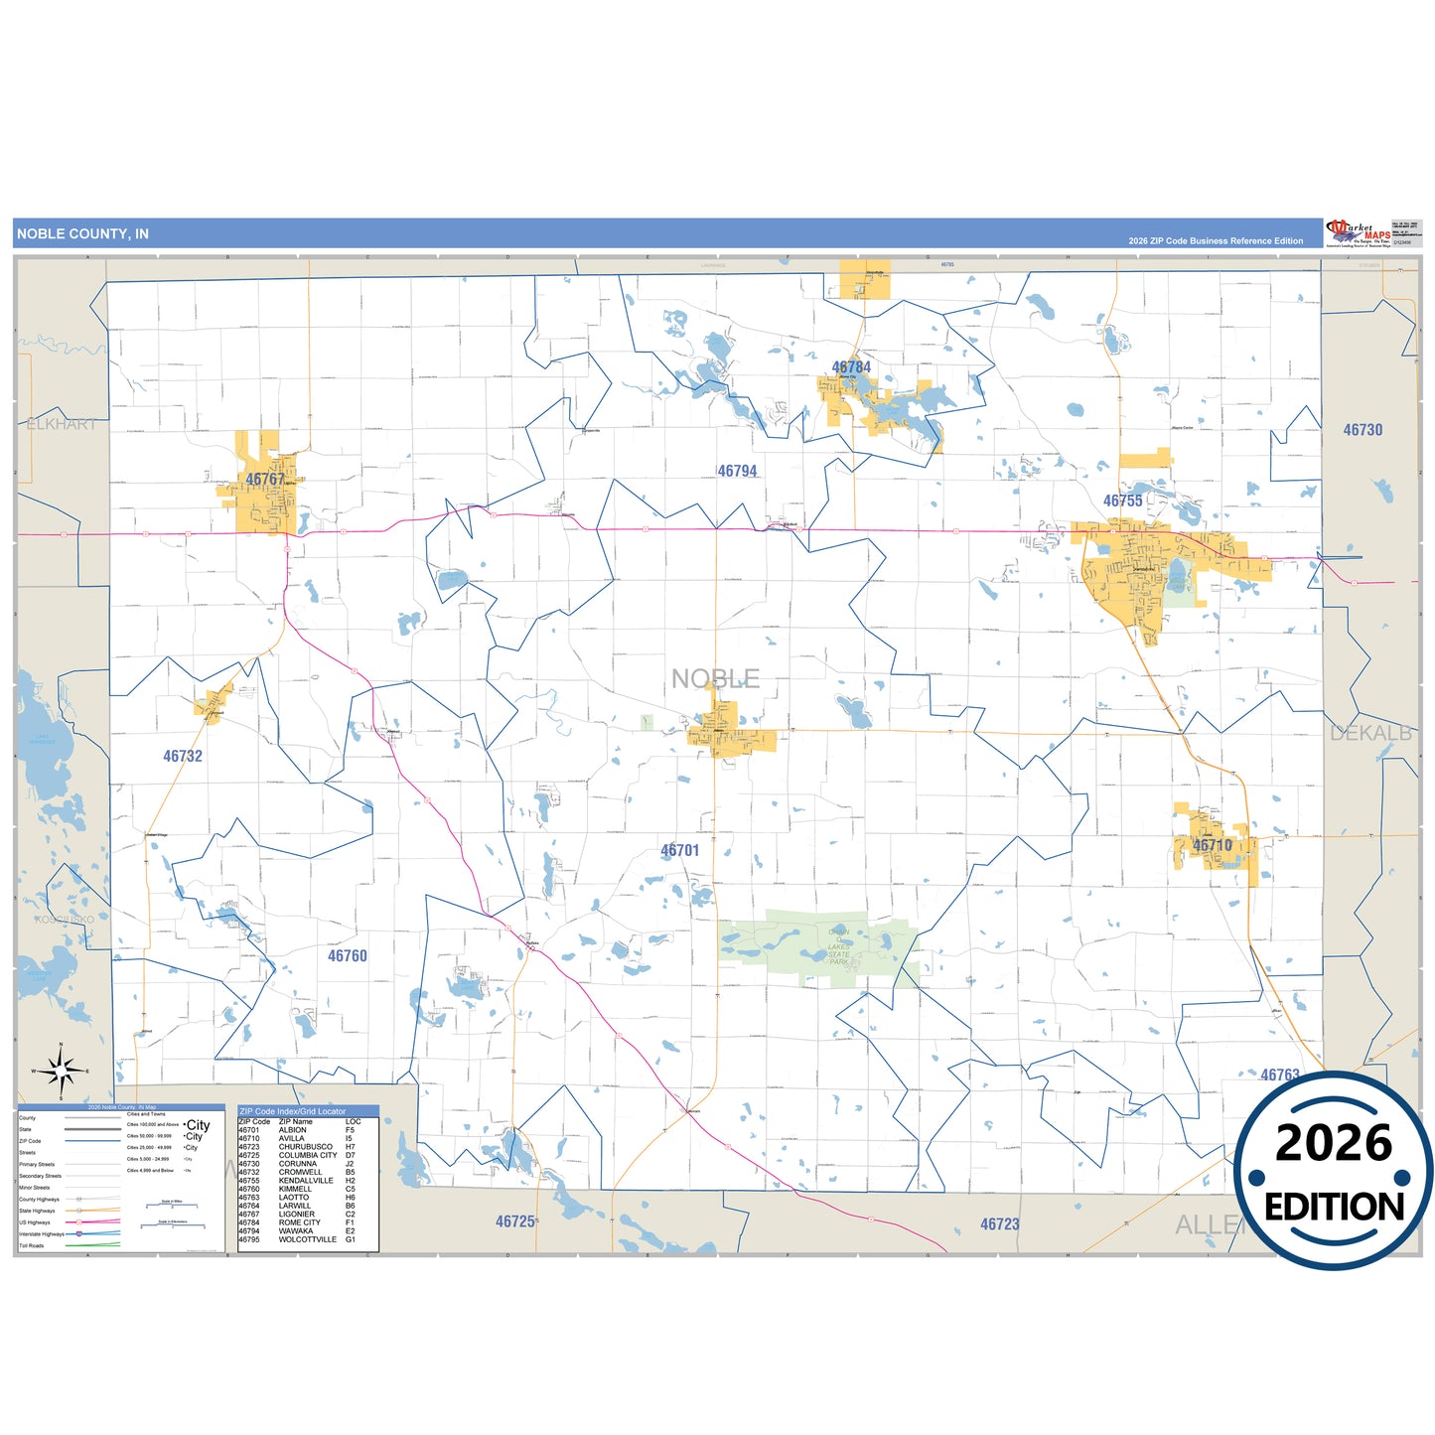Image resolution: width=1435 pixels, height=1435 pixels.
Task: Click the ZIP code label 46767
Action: pyautogui.click(x=265, y=480)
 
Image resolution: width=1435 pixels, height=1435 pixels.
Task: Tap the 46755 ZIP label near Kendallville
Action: pyautogui.click(x=1122, y=502)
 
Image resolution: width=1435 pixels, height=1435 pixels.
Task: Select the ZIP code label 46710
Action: pyautogui.click(x=1212, y=846)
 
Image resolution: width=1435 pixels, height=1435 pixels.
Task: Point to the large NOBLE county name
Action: pyautogui.click(x=715, y=679)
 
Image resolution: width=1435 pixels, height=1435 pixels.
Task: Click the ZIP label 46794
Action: pyautogui.click(x=737, y=472)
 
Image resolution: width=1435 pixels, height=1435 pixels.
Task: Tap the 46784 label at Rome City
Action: pyautogui.click(x=851, y=367)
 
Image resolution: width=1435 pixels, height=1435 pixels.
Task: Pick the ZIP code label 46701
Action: pyautogui.click(x=680, y=851)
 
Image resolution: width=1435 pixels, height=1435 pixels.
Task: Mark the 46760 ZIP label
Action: pyautogui.click(x=348, y=956)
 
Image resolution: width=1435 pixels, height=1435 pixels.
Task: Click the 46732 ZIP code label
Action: pyautogui.click(x=183, y=757)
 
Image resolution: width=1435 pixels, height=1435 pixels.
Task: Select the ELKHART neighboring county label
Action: pyautogui.click(x=62, y=424)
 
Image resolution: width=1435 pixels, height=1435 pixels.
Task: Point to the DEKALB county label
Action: pyautogui.click(x=1370, y=734)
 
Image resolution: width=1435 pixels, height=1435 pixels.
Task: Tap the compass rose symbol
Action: pyautogui.click(x=62, y=1072)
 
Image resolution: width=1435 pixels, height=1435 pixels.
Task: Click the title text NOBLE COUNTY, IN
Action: pyautogui.click(x=82, y=234)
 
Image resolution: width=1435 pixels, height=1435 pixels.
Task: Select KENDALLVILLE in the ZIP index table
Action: pyautogui.click(x=309, y=1181)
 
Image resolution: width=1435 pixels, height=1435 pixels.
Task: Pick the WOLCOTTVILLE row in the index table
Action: pyautogui.click(x=307, y=1239)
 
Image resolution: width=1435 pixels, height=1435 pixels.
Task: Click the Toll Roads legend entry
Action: pyautogui.click(x=32, y=1245)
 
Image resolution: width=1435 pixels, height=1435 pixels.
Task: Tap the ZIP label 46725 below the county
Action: pyautogui.click(x=514, y=1221)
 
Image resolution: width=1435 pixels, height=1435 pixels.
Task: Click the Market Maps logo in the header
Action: pyautogui.click(x=1358, y=233)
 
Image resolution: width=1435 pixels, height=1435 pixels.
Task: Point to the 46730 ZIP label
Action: pyautogui.click(x=1363, y=430)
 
